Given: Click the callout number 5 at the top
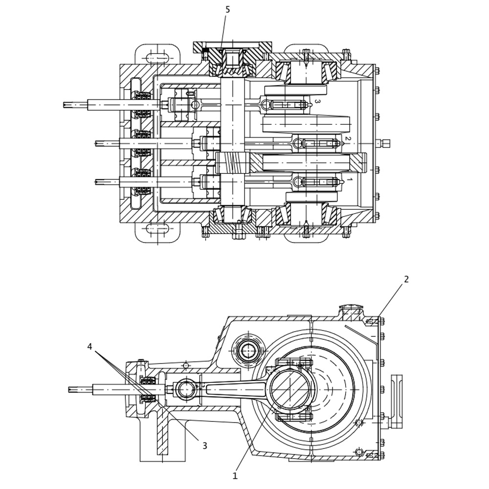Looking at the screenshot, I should click(227, 10).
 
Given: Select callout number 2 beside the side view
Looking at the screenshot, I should click(406, 279).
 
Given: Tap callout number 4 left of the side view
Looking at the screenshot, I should click(89, 347).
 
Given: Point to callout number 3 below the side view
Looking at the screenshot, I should click(204, 445).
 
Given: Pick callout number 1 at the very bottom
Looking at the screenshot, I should click(235, 475).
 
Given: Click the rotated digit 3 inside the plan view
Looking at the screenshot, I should click(317, 102).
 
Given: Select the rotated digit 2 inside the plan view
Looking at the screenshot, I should click(348, 139).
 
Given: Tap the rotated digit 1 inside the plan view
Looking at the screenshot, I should click(349, 180).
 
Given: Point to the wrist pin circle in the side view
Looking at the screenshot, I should click(186, 389).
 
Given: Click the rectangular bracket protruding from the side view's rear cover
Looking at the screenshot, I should click(397, 401).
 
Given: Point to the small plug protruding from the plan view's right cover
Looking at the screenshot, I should click(385, 143).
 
